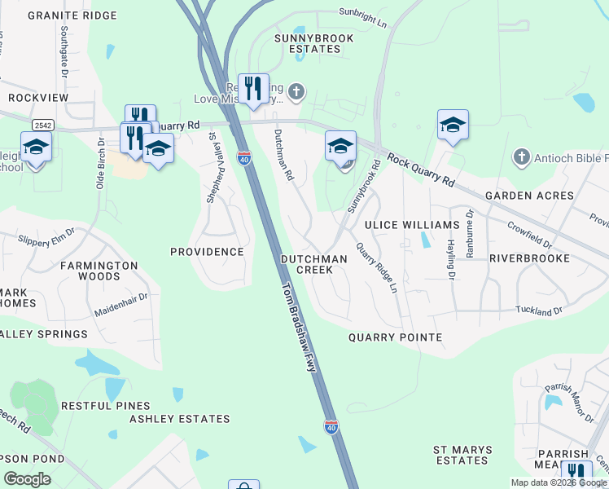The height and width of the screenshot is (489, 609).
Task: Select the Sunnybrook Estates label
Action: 307,43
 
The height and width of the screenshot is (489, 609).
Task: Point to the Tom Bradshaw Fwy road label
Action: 298,328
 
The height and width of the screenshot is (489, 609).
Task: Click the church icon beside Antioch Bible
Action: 521,156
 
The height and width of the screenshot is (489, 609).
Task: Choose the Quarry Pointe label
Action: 395,337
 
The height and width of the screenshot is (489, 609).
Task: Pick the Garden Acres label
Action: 529,196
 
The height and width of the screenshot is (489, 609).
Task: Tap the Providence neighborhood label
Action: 207,252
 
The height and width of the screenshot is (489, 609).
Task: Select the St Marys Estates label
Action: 460,455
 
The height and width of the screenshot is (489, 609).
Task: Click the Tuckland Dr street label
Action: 538,311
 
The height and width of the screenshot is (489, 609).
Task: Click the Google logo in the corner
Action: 27,478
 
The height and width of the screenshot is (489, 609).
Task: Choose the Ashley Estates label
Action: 180,419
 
